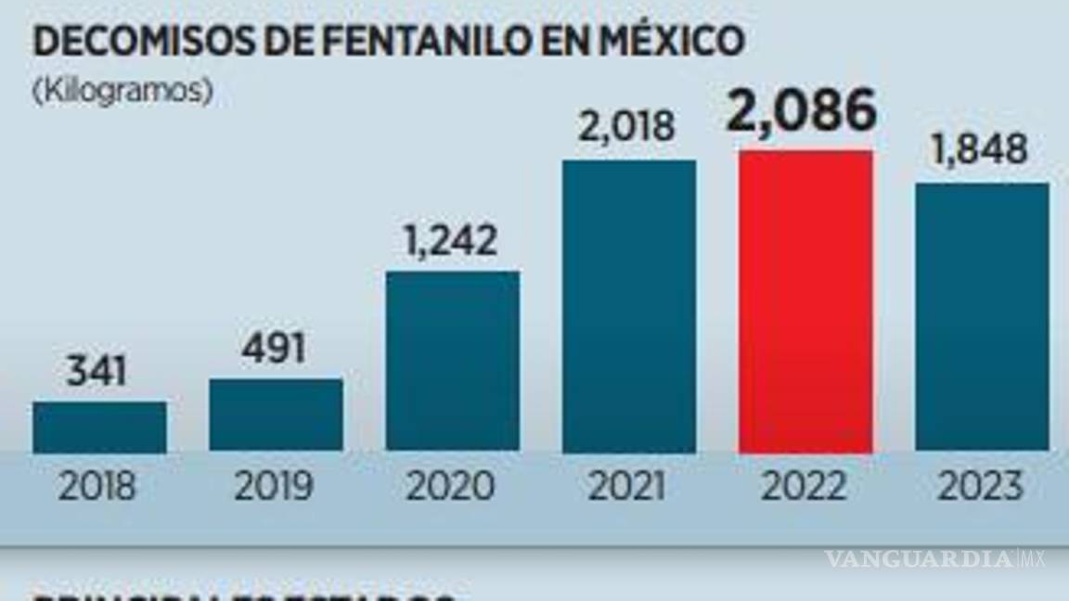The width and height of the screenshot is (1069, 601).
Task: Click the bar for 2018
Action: pos(99,427)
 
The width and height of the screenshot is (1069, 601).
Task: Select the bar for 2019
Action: pos(276,415)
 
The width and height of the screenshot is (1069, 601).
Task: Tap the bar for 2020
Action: pos(453,361)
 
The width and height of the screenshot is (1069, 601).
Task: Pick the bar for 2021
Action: pos(629,306)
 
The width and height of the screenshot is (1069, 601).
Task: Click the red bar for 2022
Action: pos(805,301)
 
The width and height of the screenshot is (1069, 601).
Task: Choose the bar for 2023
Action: pos(982,317)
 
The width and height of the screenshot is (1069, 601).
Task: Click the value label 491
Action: pos(276,350)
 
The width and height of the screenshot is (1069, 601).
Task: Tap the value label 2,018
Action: pos(629,126)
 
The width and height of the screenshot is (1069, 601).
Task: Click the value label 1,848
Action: pos(980,149)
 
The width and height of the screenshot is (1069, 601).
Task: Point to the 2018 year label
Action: pos(97,486)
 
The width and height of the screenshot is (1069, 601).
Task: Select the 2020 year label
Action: pos(452,486)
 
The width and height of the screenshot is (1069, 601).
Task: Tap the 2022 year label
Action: pos(805,486)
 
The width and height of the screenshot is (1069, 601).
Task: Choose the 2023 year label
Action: pos(981,486)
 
